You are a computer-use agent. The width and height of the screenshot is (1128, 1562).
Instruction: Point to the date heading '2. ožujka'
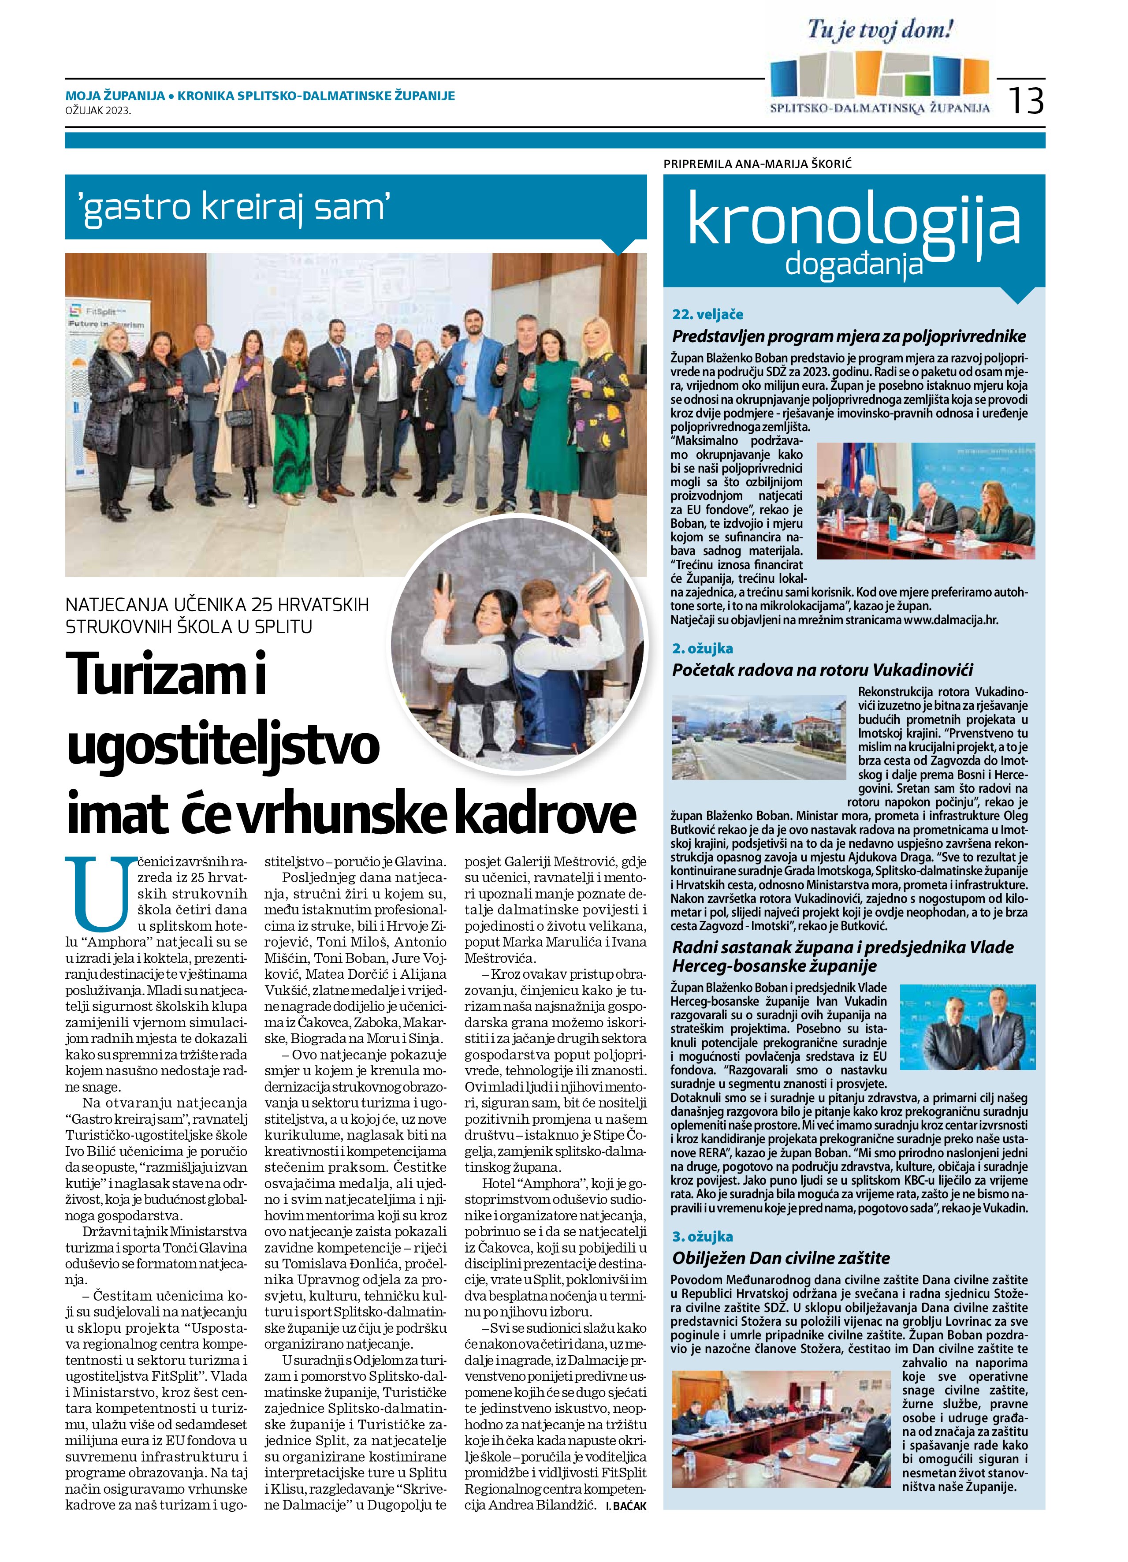pyautogui.click(x=703, y=648)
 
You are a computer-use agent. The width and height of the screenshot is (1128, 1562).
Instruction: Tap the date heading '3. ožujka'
pyautogui.click(x=703, y=1236)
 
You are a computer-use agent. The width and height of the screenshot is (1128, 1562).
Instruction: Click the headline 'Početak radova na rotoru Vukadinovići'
pyautogui.click(x=822, y=669)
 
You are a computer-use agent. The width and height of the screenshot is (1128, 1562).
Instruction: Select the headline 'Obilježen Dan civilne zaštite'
pyautogui.click(x=781, y=1258)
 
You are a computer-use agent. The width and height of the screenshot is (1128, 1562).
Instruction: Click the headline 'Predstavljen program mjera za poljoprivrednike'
pyautogui.click(x=849, y=336)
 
